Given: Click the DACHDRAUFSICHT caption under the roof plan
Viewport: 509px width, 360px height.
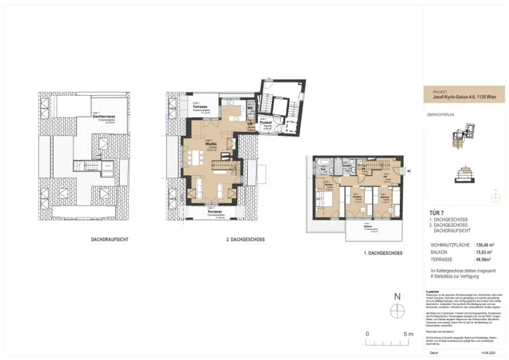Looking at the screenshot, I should (110, 240).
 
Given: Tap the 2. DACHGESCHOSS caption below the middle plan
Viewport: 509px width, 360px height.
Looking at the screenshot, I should (245, 240).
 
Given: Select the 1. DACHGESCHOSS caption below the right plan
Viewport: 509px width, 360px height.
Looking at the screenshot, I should (382, 253).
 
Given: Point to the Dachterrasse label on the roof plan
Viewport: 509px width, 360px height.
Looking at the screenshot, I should (104, 116).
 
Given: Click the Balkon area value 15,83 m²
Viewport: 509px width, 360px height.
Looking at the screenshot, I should (486, 252).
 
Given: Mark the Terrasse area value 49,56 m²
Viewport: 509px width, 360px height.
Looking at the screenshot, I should (486, 259).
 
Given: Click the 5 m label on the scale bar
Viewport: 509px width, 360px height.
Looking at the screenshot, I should (408, 334).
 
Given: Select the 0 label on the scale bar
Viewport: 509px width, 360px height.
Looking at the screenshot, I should (367, 334).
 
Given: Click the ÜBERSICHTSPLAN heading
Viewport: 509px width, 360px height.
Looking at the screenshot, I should (441, 114).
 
